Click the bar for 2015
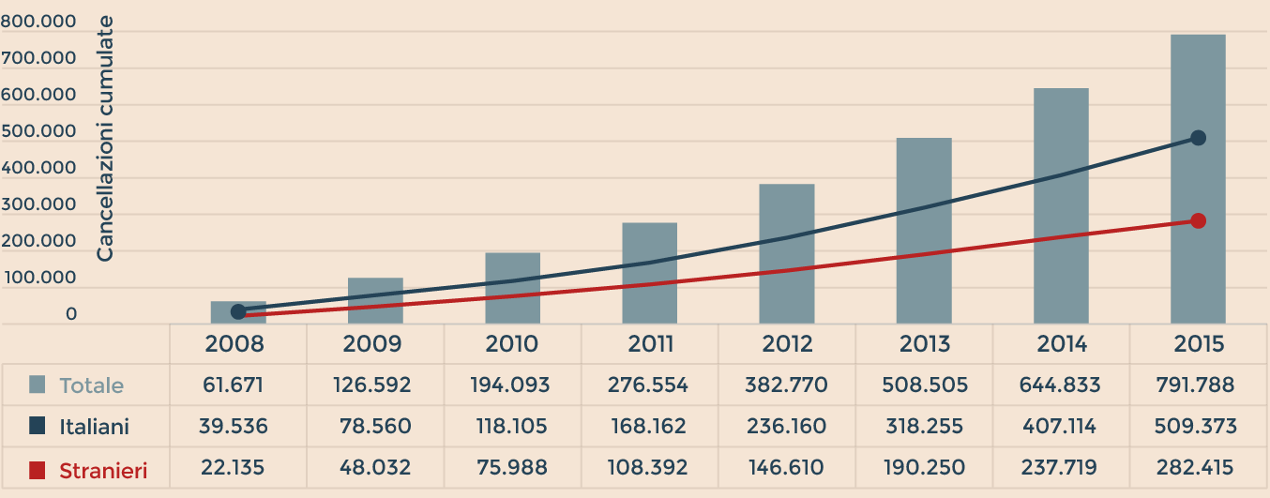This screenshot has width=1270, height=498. pyautogui.click(x=1198, y=178)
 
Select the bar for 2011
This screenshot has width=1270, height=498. pyautogui.click(x=649, y=273)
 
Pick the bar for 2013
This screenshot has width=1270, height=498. pyautogui.click(x=924, y=231)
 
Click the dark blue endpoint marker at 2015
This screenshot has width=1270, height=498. pyautogui.click(x=1198, y=138)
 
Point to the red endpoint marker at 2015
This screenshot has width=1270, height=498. pyautogui.click(x=1198, y=221)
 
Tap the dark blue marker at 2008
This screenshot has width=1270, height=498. pyautogui.click(x=238, y=311)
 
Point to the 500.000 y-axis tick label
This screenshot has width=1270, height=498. pyautogui.click(x=38, y=132)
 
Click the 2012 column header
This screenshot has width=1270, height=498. pyautogui.click(x=787, y=344)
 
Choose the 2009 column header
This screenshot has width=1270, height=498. pyautogui.click(x=375, y=344)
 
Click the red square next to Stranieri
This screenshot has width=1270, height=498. pyautogui.click(x=38, y=470)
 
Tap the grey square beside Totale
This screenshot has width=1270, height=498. pyautogui.click(x=38, y=385)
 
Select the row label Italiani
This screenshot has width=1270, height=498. pyautogui.click(x=94, y=428)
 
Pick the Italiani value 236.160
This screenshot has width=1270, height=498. pyautogui.click(x=787, y=428)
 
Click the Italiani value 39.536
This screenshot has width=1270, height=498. pyautogui.click(x=234, y=428)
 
